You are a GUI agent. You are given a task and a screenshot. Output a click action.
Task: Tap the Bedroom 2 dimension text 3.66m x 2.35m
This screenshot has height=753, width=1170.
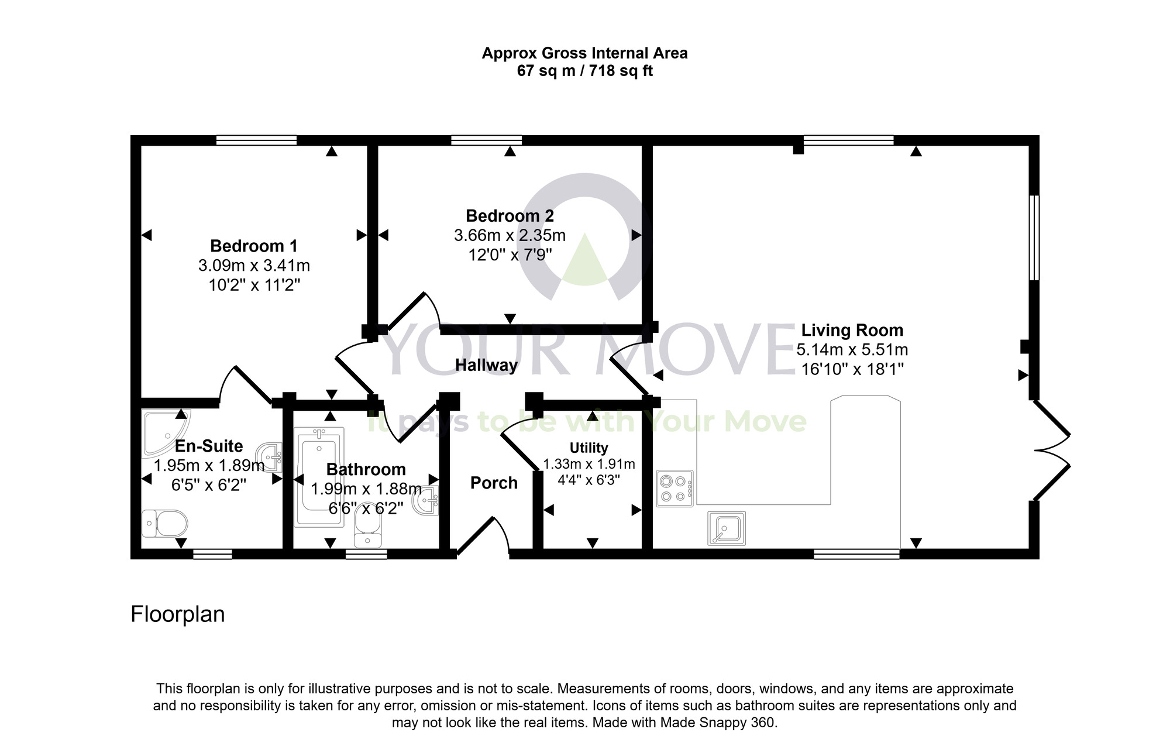(510, 236)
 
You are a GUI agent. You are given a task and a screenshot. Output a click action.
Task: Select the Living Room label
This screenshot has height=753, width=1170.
(852, 330)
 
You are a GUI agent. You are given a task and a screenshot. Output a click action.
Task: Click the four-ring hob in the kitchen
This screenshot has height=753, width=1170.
(675, 489)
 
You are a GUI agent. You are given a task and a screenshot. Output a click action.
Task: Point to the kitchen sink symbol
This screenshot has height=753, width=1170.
(727, 528)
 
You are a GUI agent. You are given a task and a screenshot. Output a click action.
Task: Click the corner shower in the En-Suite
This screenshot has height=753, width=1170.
(161, 432)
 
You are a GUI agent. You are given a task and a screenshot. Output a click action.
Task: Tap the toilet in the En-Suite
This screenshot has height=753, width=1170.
(165, 522)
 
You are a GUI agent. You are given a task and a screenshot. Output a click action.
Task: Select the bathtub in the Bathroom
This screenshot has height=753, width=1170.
(318, 477)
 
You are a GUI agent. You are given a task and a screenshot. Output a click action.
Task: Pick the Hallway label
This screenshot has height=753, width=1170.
(486, 366)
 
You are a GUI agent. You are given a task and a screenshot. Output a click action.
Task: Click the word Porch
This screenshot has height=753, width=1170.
(494, 483)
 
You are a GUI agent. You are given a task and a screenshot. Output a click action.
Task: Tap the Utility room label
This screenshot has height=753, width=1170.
(589, 448)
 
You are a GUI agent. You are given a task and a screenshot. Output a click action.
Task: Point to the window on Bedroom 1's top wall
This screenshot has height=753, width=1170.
(256, 140)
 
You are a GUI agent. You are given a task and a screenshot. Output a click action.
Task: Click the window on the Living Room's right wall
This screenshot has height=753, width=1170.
(1034, 238)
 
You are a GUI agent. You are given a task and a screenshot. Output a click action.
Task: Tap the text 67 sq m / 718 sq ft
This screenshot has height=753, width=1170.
(584, 71)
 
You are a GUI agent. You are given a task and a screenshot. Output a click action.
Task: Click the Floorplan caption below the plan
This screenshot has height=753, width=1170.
(177, 614)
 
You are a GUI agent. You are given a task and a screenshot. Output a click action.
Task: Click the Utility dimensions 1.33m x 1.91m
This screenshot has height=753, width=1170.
(589, 465)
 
